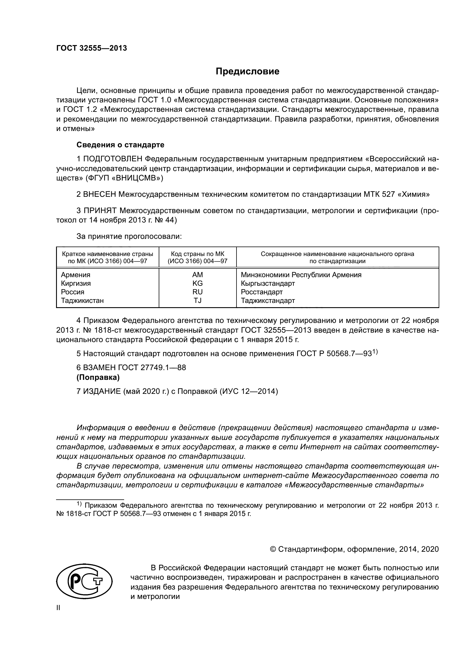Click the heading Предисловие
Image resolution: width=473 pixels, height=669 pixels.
tap(247, 72)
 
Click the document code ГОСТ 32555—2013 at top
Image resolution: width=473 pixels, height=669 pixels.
tap(92, 48)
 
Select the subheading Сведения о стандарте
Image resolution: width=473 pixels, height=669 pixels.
tap(120, 145)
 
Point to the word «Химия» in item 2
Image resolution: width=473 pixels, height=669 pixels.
tap(413, 194)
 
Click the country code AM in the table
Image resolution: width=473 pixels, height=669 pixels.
tap(198, 275)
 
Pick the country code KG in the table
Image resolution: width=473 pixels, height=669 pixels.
tap(198, 283)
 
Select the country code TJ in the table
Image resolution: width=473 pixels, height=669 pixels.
tap(198, 300)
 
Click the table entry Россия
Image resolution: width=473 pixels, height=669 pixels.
tap(73, 292)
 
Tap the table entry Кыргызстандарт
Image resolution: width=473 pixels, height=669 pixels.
tap(268, 283)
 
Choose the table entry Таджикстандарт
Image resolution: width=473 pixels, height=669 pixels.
tap(268, 300)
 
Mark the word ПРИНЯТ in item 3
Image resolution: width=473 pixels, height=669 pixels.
tap(100, 211)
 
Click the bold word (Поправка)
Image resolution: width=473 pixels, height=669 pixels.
tap(98, 377)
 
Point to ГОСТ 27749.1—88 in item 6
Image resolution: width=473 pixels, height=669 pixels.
tap(156, 368)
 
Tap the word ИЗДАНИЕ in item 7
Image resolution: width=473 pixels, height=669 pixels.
tap(102, 391)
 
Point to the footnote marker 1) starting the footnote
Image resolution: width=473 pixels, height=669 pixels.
tap(79, 504)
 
